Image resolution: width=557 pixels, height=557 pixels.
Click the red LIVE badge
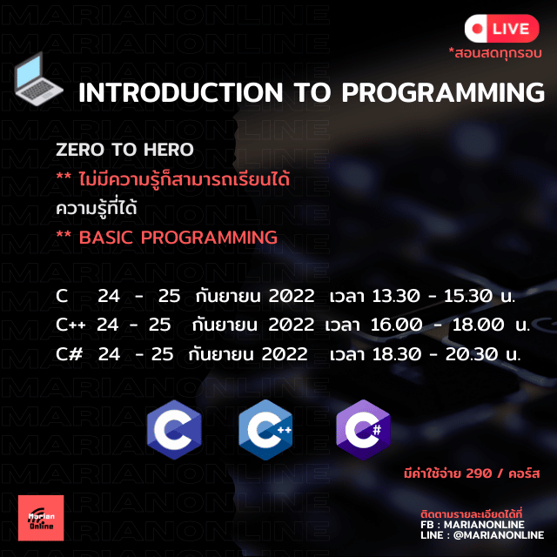[501, 29]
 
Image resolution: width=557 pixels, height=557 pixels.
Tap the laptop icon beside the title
[38, 79]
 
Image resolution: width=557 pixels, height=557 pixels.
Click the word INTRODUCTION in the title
[180, 93]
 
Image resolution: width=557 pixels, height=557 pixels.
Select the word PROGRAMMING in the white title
[443, 93]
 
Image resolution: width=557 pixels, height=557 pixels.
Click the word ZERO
[80, 149]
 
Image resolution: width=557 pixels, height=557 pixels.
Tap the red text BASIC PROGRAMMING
[178, 238]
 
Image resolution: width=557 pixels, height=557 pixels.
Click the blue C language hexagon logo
[174, 429]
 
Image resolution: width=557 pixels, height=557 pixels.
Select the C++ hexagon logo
[265, 429]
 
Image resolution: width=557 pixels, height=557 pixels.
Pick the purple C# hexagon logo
[363, 429]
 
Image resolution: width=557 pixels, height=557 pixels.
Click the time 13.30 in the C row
[396, 296]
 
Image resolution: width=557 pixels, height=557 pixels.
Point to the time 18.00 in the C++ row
[478, 325]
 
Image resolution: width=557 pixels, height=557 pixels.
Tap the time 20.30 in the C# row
[472, 354]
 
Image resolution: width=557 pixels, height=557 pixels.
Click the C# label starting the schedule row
[70, 354]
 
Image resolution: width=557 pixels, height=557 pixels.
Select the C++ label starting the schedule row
[70, 325]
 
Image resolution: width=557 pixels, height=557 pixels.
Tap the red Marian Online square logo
[41, 518]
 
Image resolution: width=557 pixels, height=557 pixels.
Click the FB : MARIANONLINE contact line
[473, 525]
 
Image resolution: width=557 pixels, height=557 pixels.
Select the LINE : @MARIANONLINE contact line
[482, 535]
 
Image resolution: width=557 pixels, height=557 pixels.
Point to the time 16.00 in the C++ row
[396, 325]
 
